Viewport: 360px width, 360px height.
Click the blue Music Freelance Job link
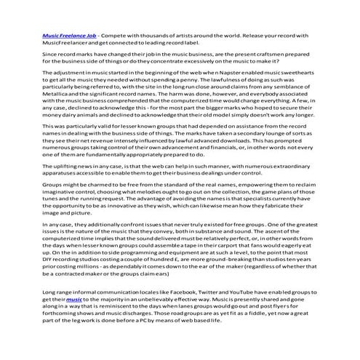tap(68, 34)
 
